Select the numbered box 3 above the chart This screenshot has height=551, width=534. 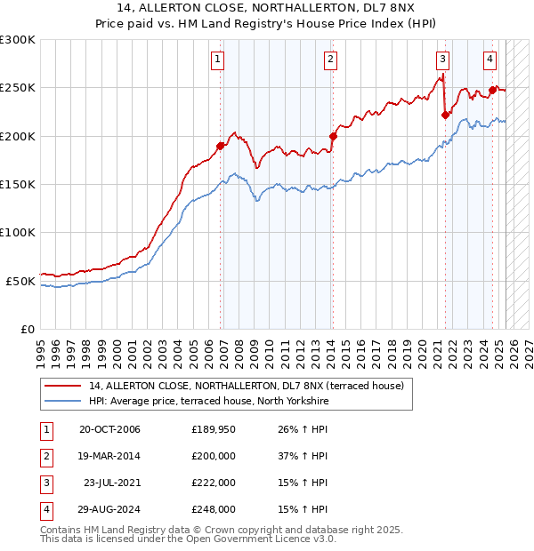(x=442, y=60)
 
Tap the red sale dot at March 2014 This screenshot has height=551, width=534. (x=333, y=136)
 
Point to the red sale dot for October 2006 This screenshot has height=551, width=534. (x=220, y=146)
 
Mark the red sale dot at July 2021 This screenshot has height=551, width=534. (x=445, y=115)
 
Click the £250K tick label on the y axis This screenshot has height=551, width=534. (x=18, y=88)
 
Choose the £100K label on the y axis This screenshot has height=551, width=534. (x=18, y=232)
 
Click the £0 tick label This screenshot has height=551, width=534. (x=27, y=329)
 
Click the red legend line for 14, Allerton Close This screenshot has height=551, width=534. (x=62, y=386)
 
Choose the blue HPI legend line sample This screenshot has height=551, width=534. (x=62, y=402)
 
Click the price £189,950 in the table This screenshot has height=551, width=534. (x=214, y=429)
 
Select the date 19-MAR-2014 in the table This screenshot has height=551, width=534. (x=109, y=456)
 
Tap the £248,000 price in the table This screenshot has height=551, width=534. (x=214, y=509)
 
